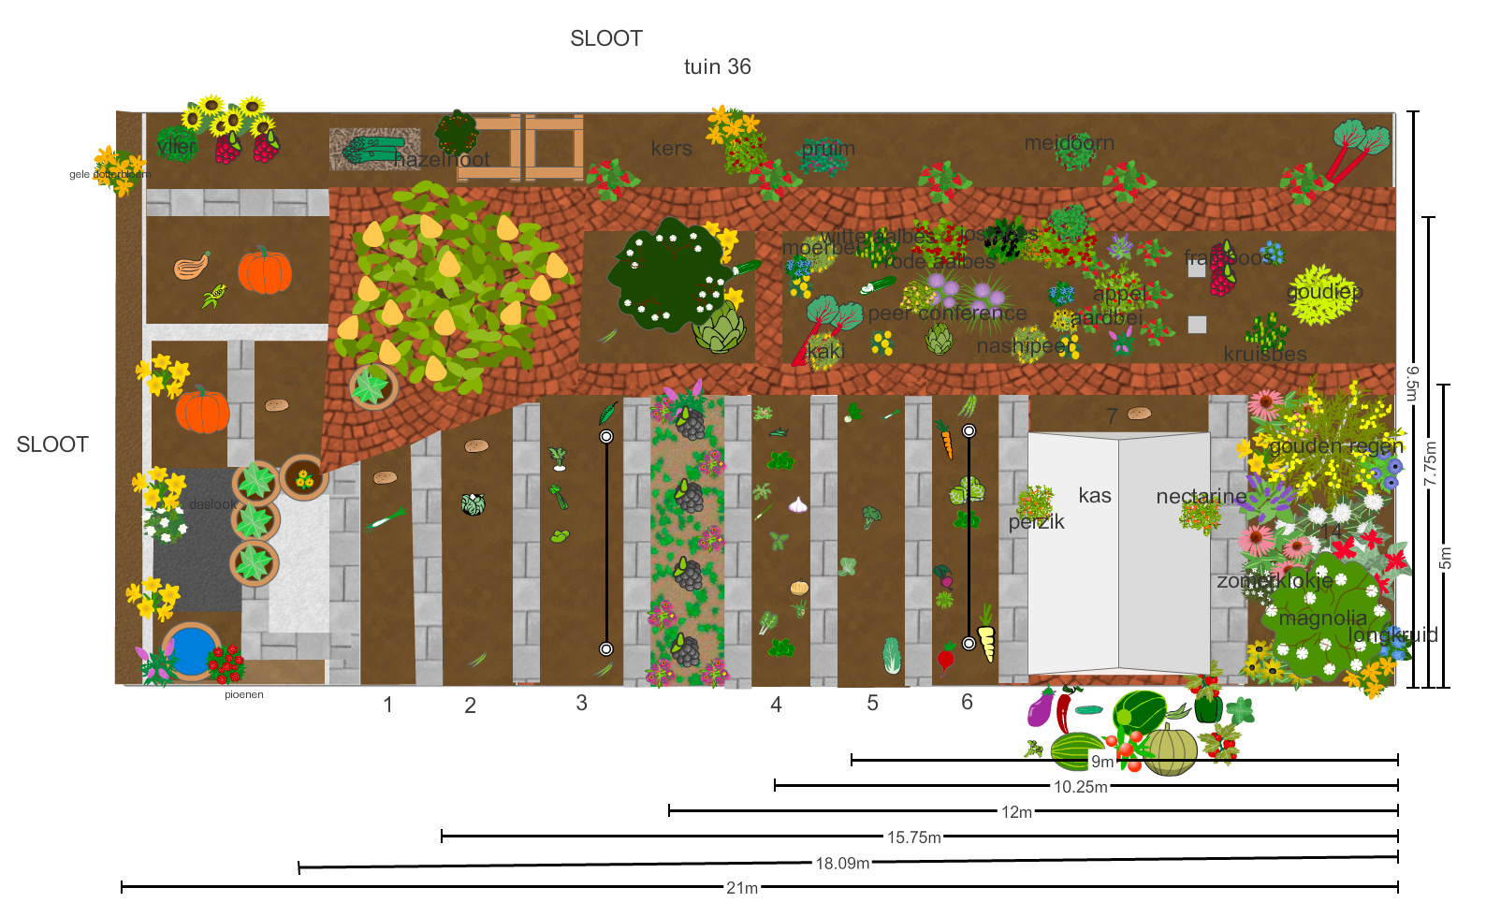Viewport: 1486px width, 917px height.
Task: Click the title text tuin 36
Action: pos(717,66)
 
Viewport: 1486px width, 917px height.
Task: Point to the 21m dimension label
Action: pos(742,887)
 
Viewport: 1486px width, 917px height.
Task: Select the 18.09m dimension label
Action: pos(842,863)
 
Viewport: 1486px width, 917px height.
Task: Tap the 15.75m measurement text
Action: pos(914,837)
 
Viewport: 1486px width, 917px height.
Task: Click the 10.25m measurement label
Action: pos(1081,787)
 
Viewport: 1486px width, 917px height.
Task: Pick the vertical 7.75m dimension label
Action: pos(1430,463)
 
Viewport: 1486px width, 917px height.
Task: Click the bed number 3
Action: pos(581,703)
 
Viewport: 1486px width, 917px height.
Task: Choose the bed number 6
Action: pos(967,702)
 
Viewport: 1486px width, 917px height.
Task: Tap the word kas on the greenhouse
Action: pos(1094,495)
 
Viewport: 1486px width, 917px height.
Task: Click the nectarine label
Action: pos(1201,496)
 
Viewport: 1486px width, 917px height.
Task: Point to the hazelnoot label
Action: pos(442,159)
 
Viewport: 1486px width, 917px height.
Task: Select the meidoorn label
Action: pos(1069,143)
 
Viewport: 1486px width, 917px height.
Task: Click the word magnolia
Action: pos(1322,618)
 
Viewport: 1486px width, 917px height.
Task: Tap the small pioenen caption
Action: pos(244,694)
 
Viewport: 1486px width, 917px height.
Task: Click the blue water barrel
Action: pos(190,650)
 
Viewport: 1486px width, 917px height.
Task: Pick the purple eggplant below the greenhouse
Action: pos(1041,708)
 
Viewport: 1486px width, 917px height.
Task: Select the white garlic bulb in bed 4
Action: pos(797,504)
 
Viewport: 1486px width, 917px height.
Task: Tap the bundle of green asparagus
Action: pos(371,149)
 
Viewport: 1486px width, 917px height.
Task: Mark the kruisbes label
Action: pos(1264,354)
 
